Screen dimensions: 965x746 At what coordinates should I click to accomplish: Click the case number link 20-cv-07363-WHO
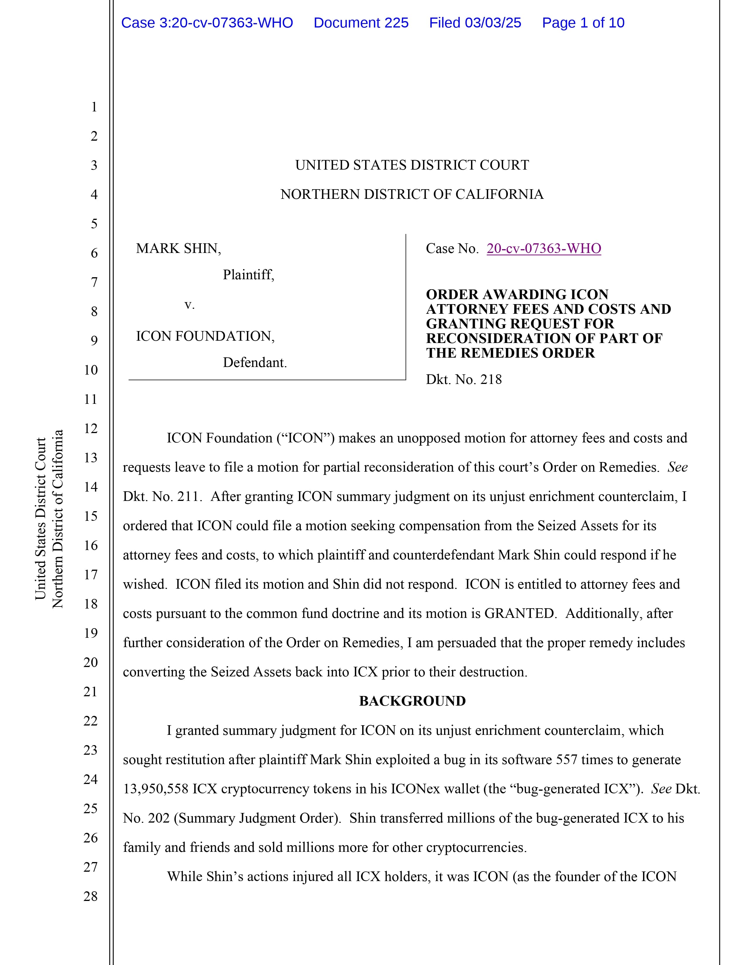point(544,249)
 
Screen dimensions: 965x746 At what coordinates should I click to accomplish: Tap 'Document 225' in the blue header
point(361,23)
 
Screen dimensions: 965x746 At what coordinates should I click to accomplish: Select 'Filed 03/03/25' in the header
point(475,23)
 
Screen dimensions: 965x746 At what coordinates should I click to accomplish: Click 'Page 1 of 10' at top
point(583,23)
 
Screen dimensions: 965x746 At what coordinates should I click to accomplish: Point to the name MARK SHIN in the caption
point(178,249)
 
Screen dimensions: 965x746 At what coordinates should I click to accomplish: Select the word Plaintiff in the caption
point(248,275)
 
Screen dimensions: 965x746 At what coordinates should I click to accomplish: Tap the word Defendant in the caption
point(255,363)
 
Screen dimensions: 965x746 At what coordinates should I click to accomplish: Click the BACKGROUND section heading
point(412,701)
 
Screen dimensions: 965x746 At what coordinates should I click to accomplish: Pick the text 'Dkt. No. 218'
point(464,380)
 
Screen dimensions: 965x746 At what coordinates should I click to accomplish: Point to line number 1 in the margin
point(94,107)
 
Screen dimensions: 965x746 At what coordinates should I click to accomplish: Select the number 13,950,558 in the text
point(156,789)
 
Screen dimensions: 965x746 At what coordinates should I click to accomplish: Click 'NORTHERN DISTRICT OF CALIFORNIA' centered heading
point(412,194)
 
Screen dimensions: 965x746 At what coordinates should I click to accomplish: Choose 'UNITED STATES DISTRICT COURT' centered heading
point(412,165)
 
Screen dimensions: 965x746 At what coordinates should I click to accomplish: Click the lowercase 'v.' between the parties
point(189,305)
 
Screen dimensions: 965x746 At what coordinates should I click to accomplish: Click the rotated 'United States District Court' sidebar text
point(41,519)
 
